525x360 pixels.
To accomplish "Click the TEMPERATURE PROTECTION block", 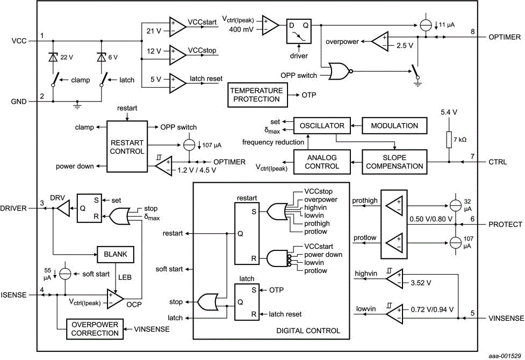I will coord(256,95).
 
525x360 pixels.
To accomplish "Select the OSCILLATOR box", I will coord(322,126).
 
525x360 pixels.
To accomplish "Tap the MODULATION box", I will coord(394,126).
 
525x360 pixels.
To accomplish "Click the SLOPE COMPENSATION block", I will coord(394,162).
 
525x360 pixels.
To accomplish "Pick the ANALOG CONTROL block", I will coord(322,162).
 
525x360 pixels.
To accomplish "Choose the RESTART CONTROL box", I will coord(127,147).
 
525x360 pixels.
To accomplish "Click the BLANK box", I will coord(114,254).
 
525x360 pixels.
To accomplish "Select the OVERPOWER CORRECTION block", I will coord(95,329).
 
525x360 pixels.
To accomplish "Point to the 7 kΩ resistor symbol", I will coord(448,140).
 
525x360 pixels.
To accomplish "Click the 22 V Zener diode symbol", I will coord(53,57).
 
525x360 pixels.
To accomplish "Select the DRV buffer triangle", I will coord(63,207).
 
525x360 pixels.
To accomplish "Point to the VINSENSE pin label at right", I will coord(506,318).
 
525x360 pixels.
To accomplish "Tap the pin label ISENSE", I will coord(14,295).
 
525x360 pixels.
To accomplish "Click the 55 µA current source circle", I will coord(65,273).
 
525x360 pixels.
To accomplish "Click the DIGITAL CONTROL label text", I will coord(308,331).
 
